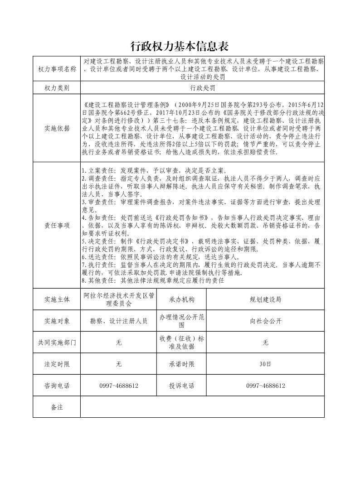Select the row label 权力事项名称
pos(57,69)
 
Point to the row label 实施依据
pos(57,128)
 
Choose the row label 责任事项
pos(57,225)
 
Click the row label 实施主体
pos(57,299)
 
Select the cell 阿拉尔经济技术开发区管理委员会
pos(119,299)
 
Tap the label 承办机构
pos(181,299)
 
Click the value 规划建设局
pos(265,299)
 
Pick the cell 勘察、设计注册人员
pos(119,321)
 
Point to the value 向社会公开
pos(265,321)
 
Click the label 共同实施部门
pos(57,343)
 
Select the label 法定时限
pos(57,364)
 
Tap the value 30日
pos(265,364)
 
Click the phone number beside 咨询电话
pos(119,386)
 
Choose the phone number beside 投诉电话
pos(265,386)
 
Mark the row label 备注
pos(57,407)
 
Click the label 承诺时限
pos(181,364)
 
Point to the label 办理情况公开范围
pos(181,321)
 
